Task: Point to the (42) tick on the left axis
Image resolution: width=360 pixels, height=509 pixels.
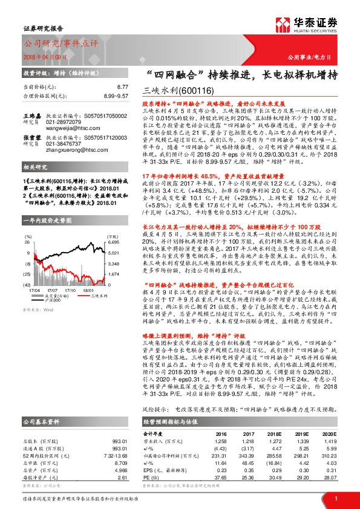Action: click(x=27, y=284)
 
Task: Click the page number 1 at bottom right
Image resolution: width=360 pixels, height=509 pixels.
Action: click(x=335, y=498)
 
